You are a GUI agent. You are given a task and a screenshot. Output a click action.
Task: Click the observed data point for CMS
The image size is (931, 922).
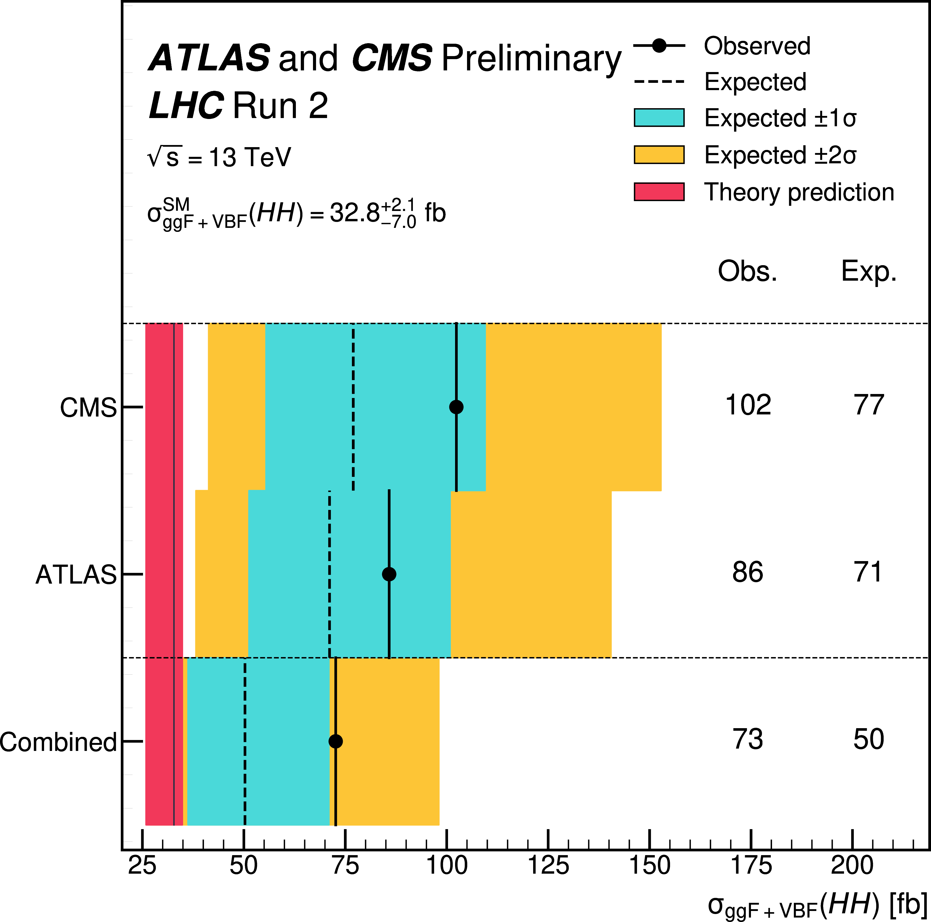(456, 407)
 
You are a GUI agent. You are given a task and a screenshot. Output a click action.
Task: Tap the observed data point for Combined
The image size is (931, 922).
(335, 741)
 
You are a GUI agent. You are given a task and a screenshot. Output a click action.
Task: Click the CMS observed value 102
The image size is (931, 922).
(748, 405)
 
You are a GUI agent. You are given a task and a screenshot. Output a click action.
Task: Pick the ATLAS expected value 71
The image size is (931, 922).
(868, 572)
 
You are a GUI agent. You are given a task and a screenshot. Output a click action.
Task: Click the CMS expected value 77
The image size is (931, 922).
(868, 405)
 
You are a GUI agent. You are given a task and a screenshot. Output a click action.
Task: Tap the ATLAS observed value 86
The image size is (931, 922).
(748, 572)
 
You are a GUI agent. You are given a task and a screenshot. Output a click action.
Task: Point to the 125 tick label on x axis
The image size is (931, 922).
(548, 866)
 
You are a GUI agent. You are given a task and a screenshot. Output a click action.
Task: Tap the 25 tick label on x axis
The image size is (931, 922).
(142, 866)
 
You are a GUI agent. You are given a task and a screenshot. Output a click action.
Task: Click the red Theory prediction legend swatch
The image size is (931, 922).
(659, 191)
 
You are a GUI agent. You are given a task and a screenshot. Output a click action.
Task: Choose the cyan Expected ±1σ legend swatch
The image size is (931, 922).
(659, 118)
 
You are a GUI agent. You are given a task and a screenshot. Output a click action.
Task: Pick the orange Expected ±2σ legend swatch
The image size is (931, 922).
(659, 155)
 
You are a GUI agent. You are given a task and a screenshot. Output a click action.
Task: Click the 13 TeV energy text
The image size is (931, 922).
(250, 157)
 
